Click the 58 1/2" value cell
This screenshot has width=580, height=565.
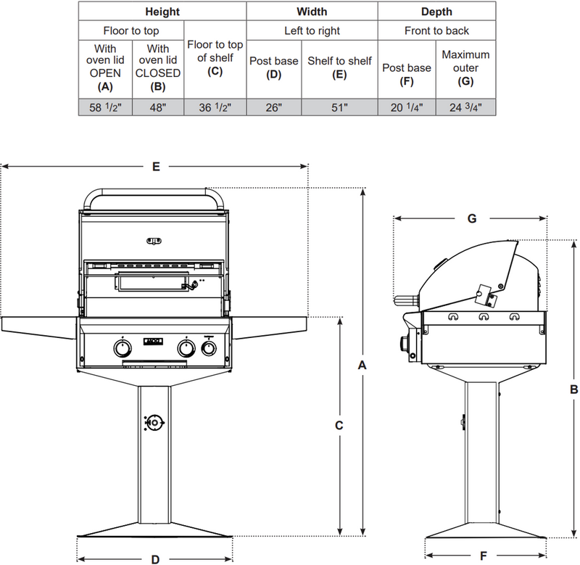(x=104, y=107)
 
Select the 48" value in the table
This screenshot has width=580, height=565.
(x=158, y=107)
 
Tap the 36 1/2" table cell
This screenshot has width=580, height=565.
(x=216, y=107)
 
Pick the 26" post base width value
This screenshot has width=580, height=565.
(x=273, y=107)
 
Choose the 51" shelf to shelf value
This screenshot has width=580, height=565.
(x=339, y=107)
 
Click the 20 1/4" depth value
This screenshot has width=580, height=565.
(x=407, y=107)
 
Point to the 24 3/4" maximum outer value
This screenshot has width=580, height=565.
(x=465, y=107)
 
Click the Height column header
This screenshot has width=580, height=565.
(x=162, y=12)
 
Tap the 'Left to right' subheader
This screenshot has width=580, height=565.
(x=312, y=30)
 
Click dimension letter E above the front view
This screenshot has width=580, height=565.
(x=156, y=167)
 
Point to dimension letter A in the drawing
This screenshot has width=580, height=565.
(x=362, y=366)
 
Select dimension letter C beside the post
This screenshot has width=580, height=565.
(x=339, y=426)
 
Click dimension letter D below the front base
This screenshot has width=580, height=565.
(x=155, y=558)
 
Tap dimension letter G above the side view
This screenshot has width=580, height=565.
(x=471, y=218)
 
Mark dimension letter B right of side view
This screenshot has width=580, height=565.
(x=573, y=389)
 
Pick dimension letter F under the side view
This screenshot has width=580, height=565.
(x=484, y=558)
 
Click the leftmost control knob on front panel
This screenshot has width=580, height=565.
(x=120, y=350)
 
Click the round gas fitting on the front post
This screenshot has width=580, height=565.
(x=154, y=422)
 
